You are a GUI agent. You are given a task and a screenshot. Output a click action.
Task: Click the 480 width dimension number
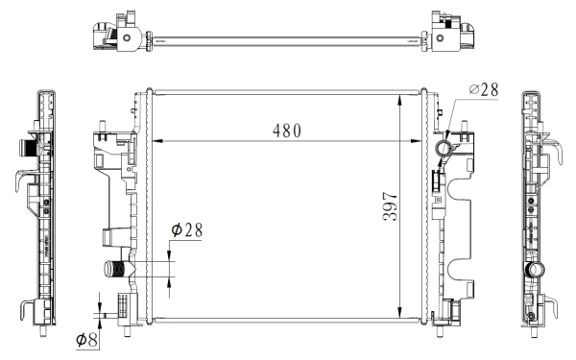tap(286, 131)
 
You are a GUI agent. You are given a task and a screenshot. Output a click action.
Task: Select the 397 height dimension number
tap(390, 206)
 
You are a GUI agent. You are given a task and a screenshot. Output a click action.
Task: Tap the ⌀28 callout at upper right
tap(484, 89)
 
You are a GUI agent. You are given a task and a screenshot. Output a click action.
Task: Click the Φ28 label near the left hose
tap(187, 230)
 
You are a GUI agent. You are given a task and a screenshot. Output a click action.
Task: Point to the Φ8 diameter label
tap(87, 340)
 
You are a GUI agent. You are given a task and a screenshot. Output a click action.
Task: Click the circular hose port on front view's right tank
tap(444, 149)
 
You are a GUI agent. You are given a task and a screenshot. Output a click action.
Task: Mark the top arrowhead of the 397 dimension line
tap(400, 100)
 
